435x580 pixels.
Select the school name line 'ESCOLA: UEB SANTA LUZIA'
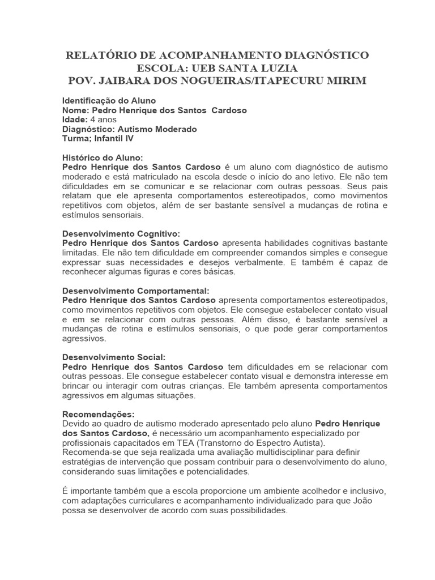[217, 68]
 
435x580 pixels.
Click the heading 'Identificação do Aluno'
[109, 100]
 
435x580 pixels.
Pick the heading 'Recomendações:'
[99, 414]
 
